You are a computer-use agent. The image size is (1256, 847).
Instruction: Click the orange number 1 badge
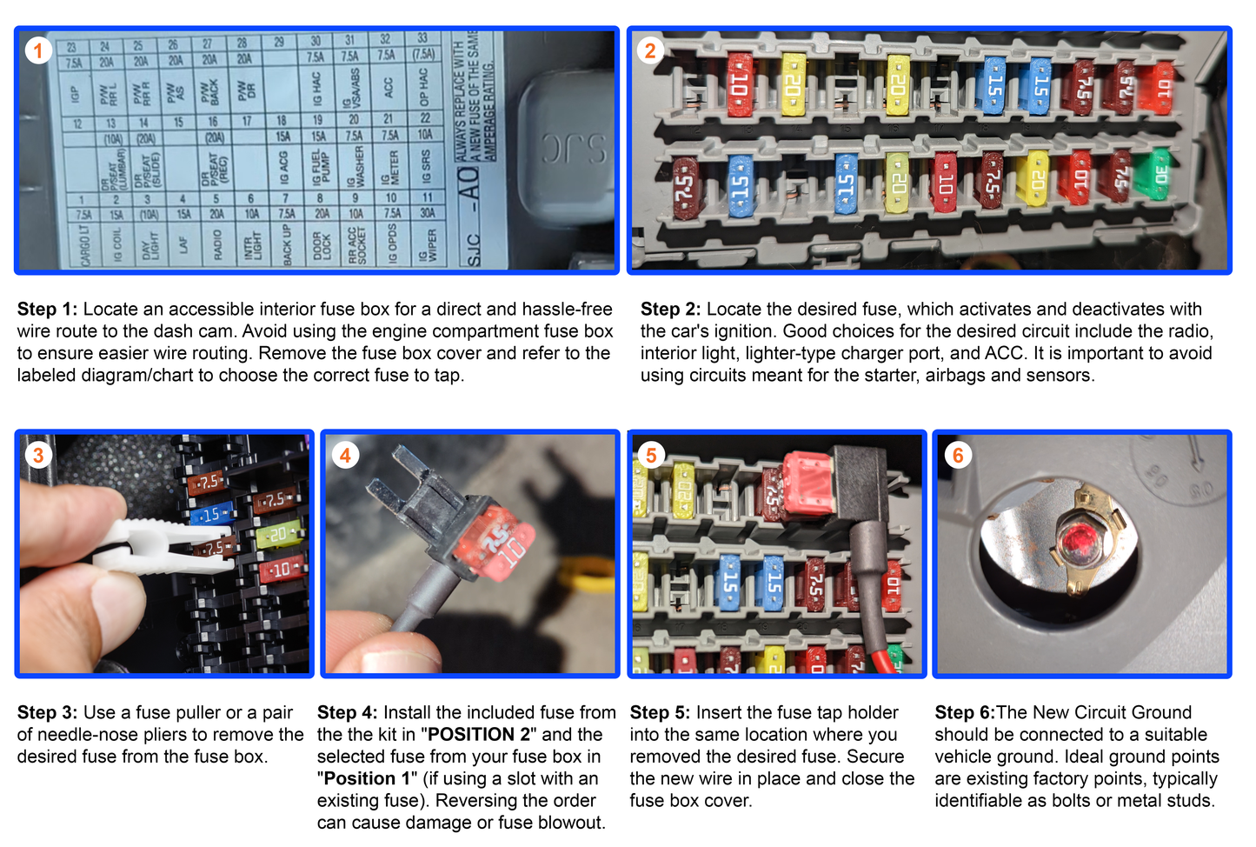(37, 50)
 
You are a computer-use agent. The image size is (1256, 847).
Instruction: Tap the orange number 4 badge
(345, 455)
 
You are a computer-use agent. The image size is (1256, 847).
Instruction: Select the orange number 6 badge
(957, 455)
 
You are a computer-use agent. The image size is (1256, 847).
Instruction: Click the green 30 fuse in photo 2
(1159, 175)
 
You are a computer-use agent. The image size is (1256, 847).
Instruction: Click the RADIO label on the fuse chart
(217, 244)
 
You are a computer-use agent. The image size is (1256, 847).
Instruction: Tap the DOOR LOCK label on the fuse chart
(322, 245)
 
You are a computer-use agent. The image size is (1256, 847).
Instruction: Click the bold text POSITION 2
(479, 735)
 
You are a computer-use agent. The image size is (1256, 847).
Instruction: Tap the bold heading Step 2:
(670, 310)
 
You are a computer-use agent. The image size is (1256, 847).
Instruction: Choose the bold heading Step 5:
(660, 713)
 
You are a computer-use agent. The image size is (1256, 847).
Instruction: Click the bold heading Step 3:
(47, 713)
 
